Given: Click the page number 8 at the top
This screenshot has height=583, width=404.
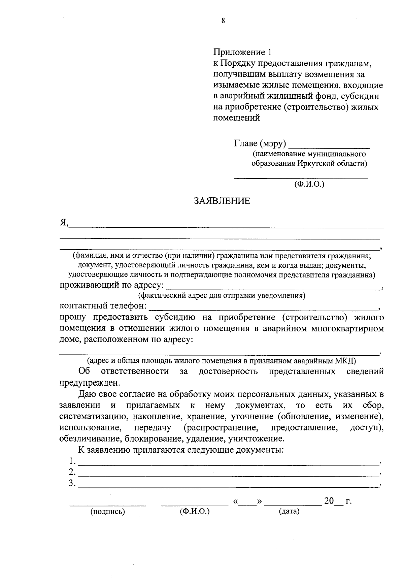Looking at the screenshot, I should pos(223,21).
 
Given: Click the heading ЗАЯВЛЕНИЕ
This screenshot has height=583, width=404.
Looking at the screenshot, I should pos(222,201).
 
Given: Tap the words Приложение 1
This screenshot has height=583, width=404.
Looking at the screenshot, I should pos(242,52).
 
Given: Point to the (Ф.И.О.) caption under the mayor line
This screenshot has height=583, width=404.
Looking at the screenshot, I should pos(309,184).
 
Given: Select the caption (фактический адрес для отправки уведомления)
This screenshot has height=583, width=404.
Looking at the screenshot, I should pos(222,296).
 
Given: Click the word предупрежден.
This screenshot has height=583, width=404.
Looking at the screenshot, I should pos(89,383).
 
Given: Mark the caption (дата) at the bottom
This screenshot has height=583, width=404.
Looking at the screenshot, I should pos(289,512).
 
